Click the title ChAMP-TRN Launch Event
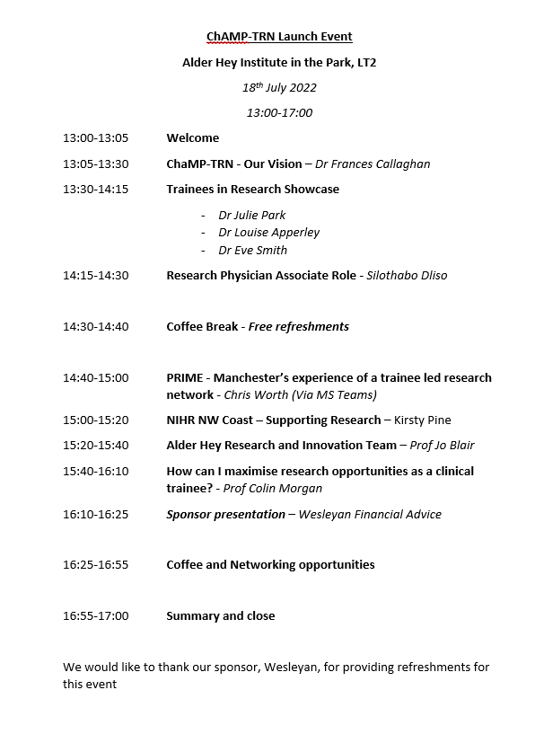pyautogui.click(x=279, y=37)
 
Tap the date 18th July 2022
pyautogui.click(x=279, y=88)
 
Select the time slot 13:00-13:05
pyautogui.click(x=95, y=138)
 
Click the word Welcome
pyautogui.click(x=192, y=138)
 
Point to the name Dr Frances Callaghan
pyautogui.click(x=373, y=164)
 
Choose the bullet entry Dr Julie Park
pyautogui.click(x=251, y=216)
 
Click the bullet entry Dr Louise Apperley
pyautogui.click(x=268, y=233)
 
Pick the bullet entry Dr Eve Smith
pyautogui.click(x=252, y=251)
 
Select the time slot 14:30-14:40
pyautogui.click(x=95, y=327)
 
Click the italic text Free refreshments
pyautogui.click(x=298, y=327)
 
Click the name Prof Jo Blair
pyautogui.click(x=442, y=446)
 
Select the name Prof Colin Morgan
pyautogui.click(x=273, y=489)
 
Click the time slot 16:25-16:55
pyautogui.click(x=95, y=565)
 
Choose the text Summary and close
pyautogui.click(x=220, y=616)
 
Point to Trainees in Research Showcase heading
pyautogui.click(x=252, y=190)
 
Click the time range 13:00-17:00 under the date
pyautogui.click(x=279, y=113)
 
